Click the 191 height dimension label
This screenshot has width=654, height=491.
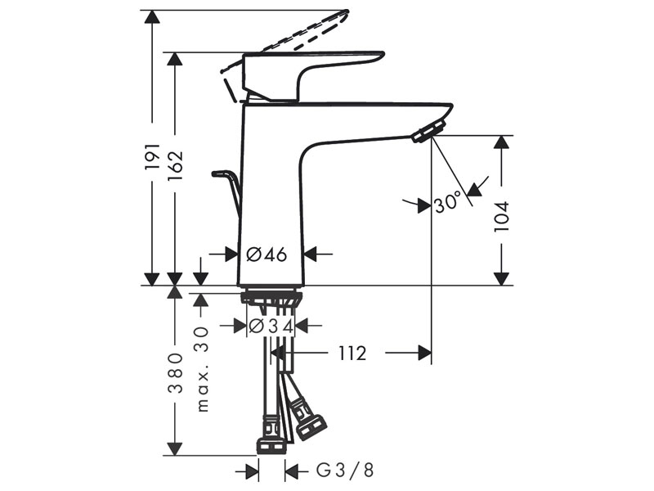click(x=152, y=156)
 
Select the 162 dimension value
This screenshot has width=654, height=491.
click(x=175, y=165)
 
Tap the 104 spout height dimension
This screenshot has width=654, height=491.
click(x=501, y=217)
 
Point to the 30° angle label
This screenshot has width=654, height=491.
click(x=448, y=203)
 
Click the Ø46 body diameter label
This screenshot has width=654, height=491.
click(x=267, y=254)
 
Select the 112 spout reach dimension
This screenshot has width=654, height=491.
click(x=352, y=354)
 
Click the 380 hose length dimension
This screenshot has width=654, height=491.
click(x=175, y=373)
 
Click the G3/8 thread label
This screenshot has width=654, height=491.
click(x=344, y=471)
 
